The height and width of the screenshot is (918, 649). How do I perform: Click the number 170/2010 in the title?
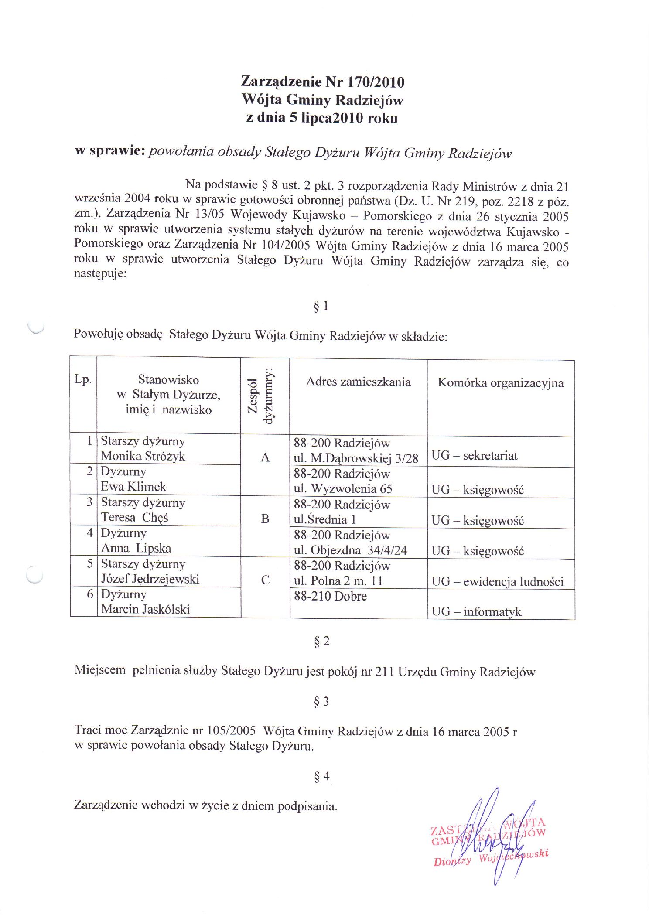[376, 82]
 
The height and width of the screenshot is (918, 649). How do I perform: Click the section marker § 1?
[321, 306]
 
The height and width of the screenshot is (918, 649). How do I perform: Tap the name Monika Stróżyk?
[143, 456]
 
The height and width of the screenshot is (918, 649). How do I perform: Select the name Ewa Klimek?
[133, 487]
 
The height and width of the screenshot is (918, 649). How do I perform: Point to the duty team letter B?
[265, 519]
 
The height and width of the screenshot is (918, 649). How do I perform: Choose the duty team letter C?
[265, 580]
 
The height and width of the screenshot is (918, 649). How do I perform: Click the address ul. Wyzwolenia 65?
[343, 489]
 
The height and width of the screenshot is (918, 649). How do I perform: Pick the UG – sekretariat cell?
[474, 456]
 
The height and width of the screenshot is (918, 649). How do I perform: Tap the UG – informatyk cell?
[476, 612]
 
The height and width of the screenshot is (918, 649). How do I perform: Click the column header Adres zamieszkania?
[358, 382]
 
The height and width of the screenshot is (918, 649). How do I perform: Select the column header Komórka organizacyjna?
[501, 383]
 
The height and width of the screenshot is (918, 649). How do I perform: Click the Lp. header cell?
[83, 379]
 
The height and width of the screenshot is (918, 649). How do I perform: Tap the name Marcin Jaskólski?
[146, 609]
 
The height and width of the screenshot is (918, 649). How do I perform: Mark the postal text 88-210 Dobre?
[330, 596]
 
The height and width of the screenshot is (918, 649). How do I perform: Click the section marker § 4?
[322, 776]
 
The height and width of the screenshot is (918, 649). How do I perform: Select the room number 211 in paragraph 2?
[384, 672]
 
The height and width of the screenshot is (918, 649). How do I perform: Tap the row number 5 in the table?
[90, 563]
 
